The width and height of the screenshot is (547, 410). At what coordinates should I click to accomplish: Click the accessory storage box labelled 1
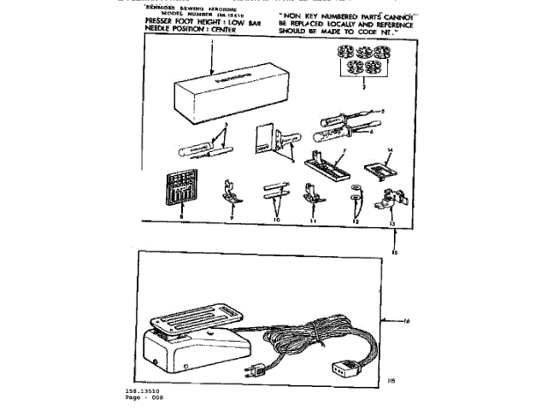[214, 95]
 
